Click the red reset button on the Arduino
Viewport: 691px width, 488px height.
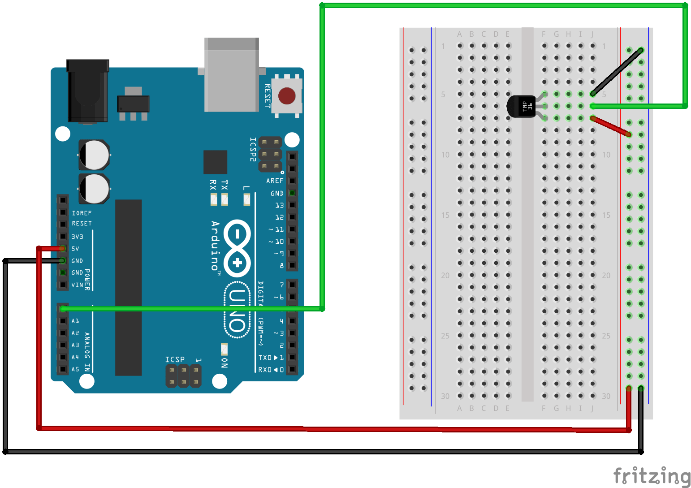tap(287, 95)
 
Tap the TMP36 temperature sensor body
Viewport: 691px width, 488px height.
tap(522, 107)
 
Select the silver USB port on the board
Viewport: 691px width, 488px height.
tap(231, 75)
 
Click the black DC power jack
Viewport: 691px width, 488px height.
tap(88, 91)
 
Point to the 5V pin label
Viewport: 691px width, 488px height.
tap(75, 249)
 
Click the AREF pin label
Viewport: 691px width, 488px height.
tap(275, 181)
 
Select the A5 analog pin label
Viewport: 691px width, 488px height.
tap(75, 369)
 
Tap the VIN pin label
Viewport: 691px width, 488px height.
tap(77, 285)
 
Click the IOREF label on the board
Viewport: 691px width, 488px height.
tap(82, 213)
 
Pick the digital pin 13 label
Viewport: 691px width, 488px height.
tap(279, 205)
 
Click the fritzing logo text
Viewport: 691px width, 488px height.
tap(651, 475)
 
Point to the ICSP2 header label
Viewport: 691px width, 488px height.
tap(253, 149)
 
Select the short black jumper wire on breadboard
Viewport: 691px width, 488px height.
tap(617, 72)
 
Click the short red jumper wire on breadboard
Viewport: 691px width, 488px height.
tap(611, 126)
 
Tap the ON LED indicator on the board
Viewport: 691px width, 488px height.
tap(224, 349)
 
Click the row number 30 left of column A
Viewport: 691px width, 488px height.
tap(445, 396)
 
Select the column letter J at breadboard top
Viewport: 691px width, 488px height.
tap(592, 34)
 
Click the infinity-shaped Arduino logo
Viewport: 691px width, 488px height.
tap(237, 248)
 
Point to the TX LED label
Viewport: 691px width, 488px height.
tap(225, 185)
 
